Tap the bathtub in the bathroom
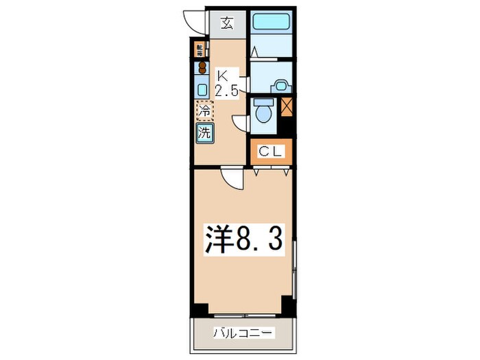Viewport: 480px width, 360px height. [x=271, y=21]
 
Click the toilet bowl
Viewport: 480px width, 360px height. [x=262, y=111]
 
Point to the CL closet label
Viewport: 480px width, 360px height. [x=269, y=152]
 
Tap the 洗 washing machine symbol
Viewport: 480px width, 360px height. [x=204, y=132]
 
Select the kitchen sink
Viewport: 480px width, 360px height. [x=202, y=88]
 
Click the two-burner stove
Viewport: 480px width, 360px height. [x=202, y=67]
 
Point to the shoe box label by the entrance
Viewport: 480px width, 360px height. [x=200, y=49]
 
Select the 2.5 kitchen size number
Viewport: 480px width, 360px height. [x=226, y=90]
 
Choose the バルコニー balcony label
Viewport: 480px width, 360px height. [x=243, y=334]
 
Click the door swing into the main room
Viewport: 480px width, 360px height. [x=234, y=179]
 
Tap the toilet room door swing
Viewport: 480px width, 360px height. [x=241, y=122]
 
